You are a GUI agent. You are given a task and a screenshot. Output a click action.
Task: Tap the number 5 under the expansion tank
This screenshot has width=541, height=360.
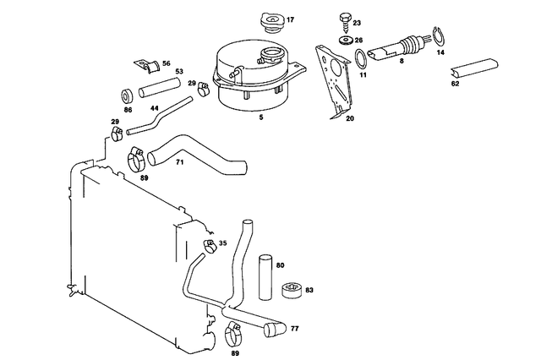260,117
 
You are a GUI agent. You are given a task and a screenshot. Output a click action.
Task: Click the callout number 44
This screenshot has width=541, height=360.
154,109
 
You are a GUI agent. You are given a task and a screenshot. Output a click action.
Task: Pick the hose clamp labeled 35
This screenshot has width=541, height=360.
208,247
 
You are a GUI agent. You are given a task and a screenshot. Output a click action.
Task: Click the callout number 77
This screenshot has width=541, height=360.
294,327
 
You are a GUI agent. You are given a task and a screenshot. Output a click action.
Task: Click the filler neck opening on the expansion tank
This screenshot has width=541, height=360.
273,58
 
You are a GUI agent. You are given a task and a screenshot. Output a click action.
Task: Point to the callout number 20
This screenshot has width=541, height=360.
349,118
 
